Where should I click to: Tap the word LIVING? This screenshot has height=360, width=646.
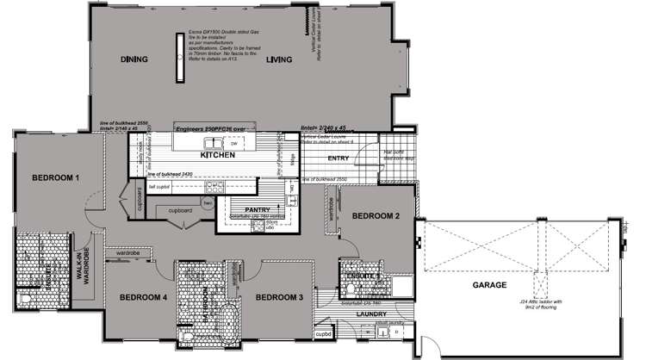point(279,59)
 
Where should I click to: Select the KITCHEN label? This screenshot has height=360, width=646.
point(217,156)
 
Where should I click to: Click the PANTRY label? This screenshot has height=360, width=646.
point(257,209)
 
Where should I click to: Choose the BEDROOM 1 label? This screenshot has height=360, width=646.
point(56,178)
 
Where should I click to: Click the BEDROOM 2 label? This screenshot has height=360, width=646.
point(376,216)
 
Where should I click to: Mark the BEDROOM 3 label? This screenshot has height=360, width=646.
point(279,297)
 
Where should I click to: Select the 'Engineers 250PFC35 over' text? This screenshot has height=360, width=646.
point(210,127)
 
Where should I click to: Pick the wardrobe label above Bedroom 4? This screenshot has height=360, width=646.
point(128,253)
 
